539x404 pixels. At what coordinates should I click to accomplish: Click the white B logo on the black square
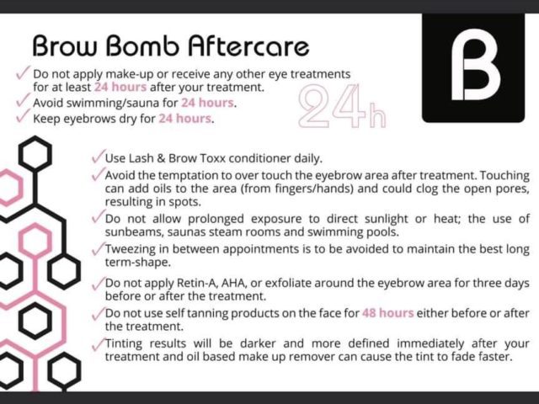[475, 65]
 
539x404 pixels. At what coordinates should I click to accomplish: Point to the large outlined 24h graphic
[342, 106]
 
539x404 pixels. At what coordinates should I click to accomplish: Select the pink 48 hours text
[387, 313]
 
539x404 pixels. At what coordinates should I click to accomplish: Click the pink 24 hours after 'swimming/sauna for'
[207, 103]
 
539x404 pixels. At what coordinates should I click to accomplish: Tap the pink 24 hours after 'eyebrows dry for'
[185, 118]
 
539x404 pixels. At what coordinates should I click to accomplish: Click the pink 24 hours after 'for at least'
[120, 87]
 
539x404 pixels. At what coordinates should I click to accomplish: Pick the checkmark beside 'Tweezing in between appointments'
[98, 249]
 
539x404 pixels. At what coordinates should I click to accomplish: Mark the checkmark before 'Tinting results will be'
[98, 344]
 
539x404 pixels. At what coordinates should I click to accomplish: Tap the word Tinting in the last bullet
[124, 344]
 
